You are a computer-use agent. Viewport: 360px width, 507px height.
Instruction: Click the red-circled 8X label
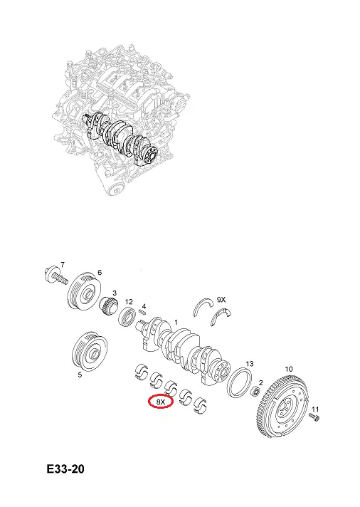click(x=161, y=402)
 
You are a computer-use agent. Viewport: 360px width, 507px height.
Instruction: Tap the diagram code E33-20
click(x=65, y=469)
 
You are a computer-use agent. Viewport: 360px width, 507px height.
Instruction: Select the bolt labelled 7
click(x=55, y=276)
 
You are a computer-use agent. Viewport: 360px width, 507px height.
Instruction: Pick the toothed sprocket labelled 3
click(x=110, y=307)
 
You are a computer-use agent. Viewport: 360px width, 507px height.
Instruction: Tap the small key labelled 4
click(x=142, y=312)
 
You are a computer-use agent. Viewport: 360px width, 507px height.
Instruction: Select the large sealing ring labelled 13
click(x=240, y=382)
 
